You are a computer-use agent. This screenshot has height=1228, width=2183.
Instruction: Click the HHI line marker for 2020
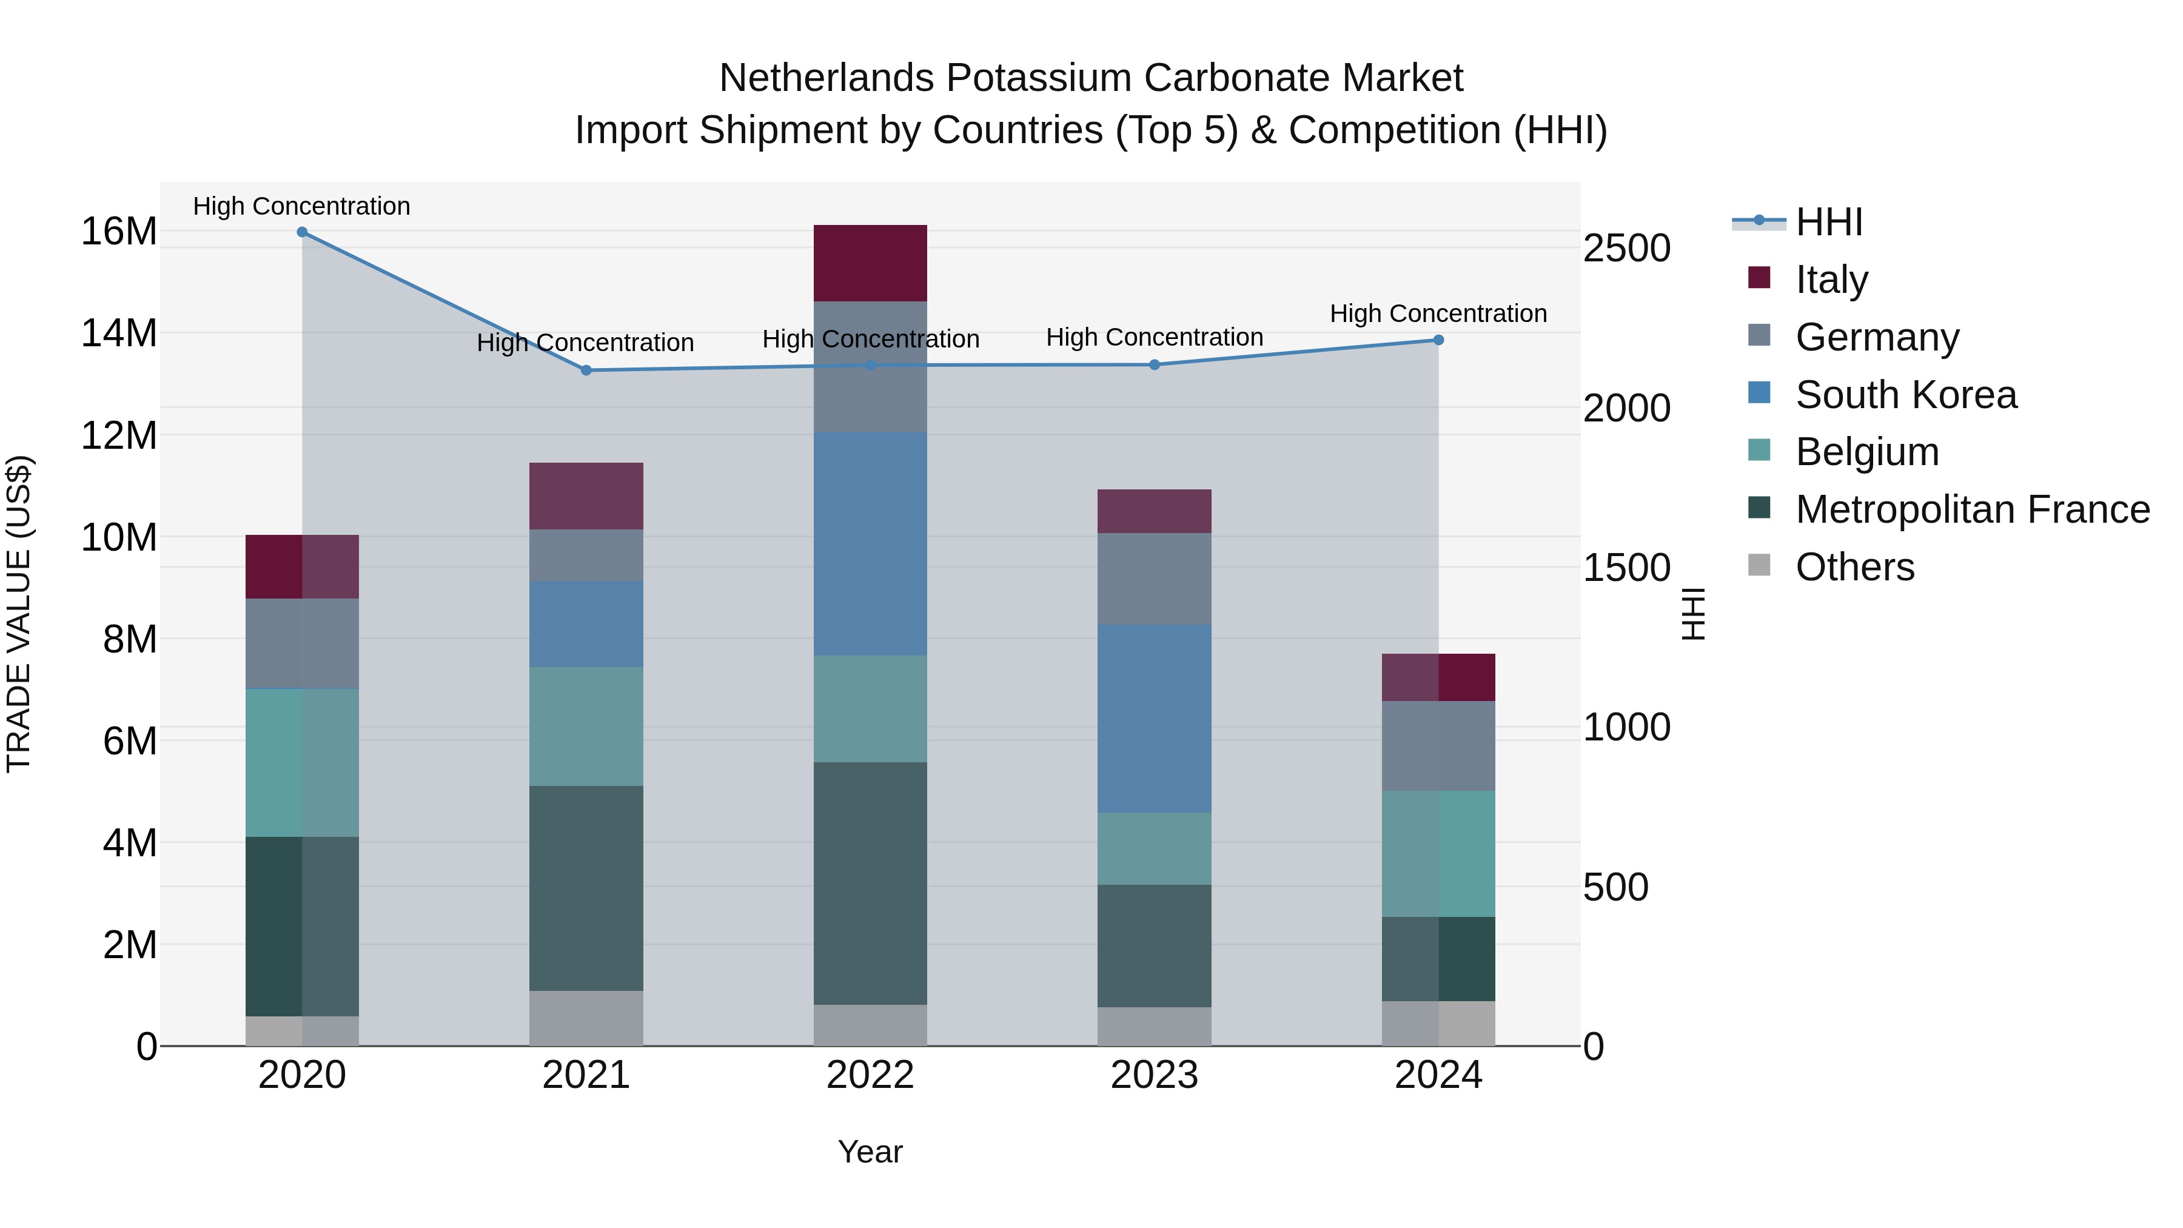pos(302,232)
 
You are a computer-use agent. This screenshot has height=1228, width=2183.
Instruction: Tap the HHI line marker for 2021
pos(586,371)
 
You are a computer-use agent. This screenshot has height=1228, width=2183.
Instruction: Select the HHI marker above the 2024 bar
pos(1438,340)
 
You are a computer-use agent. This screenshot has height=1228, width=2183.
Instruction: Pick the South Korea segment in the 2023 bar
pos(1153,719)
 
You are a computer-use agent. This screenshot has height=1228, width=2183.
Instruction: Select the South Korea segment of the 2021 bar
pos(586,624)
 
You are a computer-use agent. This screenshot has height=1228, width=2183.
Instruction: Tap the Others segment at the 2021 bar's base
pos(586,1018)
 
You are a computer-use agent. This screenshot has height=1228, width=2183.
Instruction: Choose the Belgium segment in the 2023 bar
pos(1153,848)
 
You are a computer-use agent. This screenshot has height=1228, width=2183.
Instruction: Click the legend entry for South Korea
pos(1905,395)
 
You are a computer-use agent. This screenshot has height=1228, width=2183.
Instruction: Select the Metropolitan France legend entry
pos(1971,509)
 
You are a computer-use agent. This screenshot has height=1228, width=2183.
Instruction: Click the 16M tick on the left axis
pos(119,232)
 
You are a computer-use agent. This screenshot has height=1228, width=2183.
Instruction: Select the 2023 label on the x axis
pos(1153,1075)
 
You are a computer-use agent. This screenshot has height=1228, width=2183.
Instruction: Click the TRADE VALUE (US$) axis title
pos(19,614)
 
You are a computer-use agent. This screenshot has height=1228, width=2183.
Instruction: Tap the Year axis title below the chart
pos(870,1152)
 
